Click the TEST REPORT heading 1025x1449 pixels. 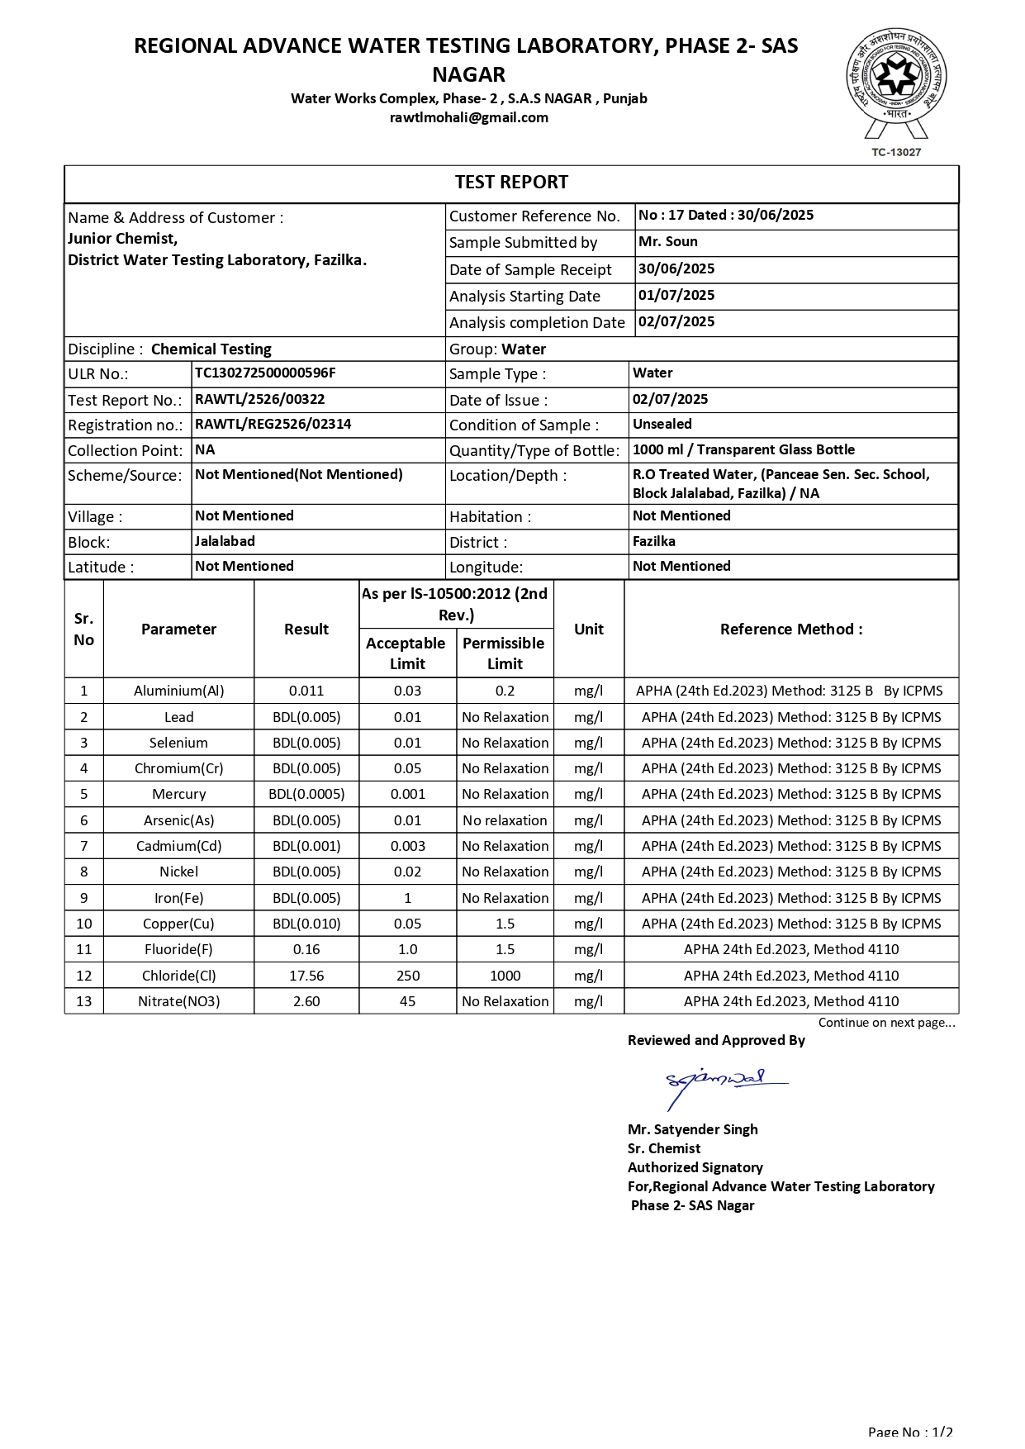511,183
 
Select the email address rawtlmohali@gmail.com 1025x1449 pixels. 468,117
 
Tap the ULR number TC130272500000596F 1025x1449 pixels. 265,373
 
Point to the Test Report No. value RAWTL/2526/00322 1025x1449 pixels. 259,399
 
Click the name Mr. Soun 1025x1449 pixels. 667,241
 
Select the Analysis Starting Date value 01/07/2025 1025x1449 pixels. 676,295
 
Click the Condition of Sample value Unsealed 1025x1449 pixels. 662,424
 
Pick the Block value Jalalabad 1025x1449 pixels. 225,541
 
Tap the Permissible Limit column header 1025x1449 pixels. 504,653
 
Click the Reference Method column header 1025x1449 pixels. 790,629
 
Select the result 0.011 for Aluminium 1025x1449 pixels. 306,691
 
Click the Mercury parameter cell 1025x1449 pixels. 178,794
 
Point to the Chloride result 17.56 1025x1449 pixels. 306,976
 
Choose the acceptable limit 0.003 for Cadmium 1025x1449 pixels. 407,846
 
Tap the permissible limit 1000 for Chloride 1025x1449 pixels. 505,976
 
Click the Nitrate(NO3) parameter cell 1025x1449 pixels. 178,1001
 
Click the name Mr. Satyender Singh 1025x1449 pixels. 692,1129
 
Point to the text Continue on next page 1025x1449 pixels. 886,1023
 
